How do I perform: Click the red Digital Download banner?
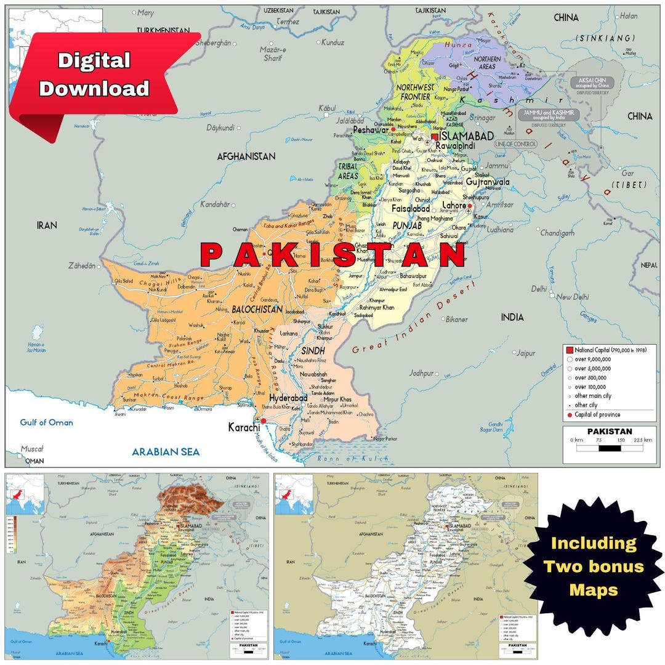click(99, 75)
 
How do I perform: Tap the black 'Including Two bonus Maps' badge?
click(593, 567)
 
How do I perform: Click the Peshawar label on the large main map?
click(370, 130)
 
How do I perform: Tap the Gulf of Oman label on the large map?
click(46, 422)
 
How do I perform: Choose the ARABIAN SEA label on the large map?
click(166, 452)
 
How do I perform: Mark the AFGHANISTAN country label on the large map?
click(246, 156)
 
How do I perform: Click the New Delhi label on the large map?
click(573, 297)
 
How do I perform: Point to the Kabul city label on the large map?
click(327, 108)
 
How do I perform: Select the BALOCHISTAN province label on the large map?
click(257, 309)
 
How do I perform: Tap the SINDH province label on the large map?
click(313, 350)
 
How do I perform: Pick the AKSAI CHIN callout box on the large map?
click(592, 83)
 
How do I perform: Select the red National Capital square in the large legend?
click(570, 350)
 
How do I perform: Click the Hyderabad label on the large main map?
click(288, 398)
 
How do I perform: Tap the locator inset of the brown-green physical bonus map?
click(25, 494)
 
